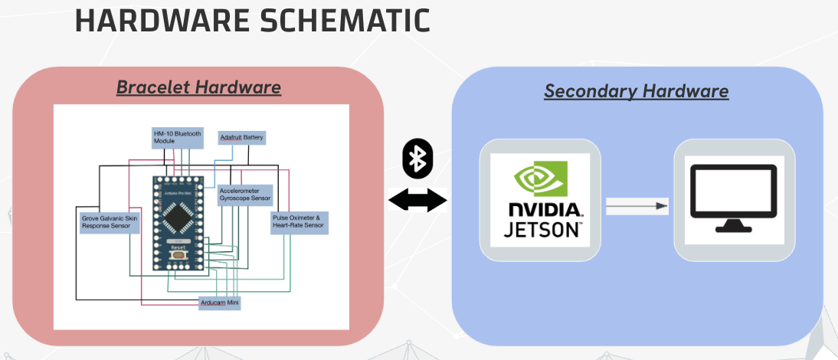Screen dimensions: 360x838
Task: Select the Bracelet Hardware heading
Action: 198,87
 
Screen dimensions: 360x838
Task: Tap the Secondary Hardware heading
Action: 636,91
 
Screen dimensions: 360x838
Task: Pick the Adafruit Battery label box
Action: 242,138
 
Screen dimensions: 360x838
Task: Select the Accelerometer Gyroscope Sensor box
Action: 244,194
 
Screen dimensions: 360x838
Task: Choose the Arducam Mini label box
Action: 220,303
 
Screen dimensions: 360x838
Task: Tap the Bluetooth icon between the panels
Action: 417,159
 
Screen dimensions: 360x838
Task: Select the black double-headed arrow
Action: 417,201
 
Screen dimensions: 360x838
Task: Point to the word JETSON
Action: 544,228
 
